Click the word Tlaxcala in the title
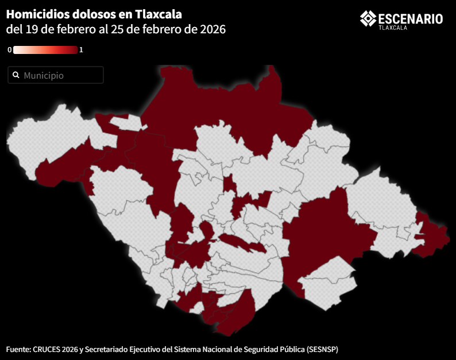[158, 14]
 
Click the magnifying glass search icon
[16, 75]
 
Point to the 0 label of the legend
[9, 50]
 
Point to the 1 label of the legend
[81, 50]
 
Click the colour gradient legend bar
[45, 50]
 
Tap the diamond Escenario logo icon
[368, 18]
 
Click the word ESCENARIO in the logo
[411, 19]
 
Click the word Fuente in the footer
[18, 349]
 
